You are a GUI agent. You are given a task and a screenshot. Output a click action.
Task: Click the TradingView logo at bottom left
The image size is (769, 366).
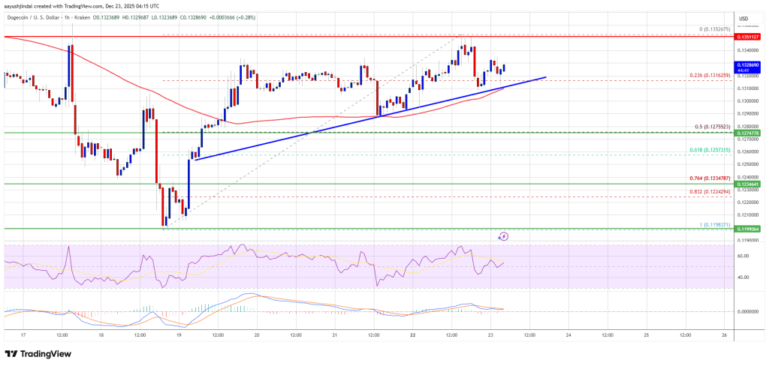[x=38, y=354]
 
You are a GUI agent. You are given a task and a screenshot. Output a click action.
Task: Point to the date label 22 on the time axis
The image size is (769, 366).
[x=412, y=335]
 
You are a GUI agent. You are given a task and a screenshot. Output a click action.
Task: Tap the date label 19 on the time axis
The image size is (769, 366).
[x=179, y=335]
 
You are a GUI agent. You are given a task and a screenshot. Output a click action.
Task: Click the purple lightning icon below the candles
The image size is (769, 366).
[x=503, y=235]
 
